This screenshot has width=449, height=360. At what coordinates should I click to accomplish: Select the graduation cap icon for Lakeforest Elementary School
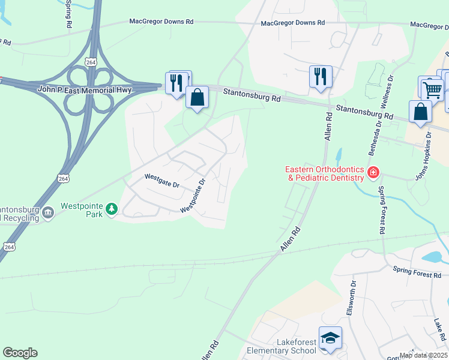[330, 339]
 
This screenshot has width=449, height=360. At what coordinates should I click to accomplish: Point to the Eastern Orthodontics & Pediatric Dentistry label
[325, 173]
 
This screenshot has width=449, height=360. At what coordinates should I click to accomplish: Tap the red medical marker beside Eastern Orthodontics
[373, 173]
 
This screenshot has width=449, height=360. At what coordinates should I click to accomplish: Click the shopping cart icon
[432, 90]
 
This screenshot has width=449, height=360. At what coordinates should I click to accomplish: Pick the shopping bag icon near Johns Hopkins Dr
[420, 112]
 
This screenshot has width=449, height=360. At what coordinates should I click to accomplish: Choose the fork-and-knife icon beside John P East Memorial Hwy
[176, 83]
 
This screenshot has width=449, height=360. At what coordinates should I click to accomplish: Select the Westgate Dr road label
[162, 181]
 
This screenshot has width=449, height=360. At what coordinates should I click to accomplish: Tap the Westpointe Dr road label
[193, 194]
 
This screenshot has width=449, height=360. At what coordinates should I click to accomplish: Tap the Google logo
[20, 353]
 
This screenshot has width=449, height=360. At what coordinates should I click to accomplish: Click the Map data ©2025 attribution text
[423, 355]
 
